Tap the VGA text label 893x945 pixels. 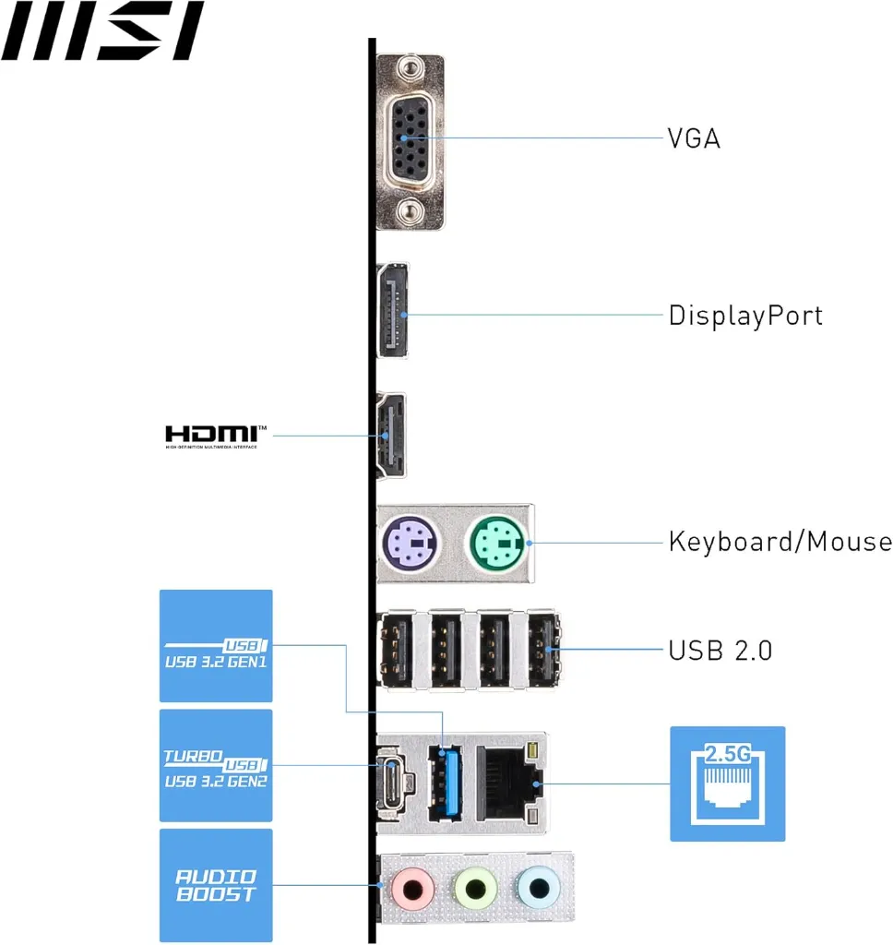(x=694, y=138)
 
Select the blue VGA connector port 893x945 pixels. (x=410, y=138)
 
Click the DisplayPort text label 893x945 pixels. (x=745, y=316)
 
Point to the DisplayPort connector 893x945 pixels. (x=393, y=311)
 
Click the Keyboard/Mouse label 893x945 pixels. (x=780, y=541)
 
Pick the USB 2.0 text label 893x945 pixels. (x=720, y=650)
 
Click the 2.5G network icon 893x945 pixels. (x=727, y=784)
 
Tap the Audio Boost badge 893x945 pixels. (x=216, y=885)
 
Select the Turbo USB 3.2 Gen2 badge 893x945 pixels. (x=216, y=765)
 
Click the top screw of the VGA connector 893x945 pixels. (x=410, y=66)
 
